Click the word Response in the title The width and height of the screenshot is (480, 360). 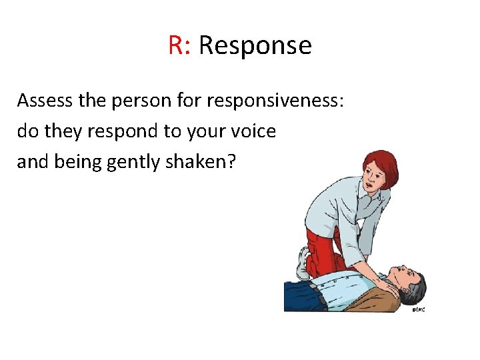[x=255, y=45]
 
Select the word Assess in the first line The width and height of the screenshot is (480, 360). [x=45, y=101]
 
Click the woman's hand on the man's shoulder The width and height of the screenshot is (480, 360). [x=387, y=280]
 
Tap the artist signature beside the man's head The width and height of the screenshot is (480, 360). [x=418, y=309]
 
